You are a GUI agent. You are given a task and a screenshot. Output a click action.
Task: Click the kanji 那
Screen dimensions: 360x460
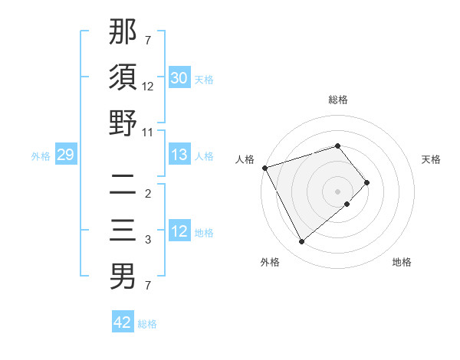pyautogui.click(x=123, y=32)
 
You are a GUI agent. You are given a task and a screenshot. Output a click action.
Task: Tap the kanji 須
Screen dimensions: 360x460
pyautogui.click(x=123, y=77)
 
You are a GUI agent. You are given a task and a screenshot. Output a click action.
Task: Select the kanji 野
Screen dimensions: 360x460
pyautogui.click(x=123, y=123)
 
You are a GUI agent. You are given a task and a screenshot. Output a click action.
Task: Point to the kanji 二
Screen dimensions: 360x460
pyautogui.click(x=123, y=185)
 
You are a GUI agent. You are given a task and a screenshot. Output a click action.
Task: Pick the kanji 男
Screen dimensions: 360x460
pyautogui.click(x=123, y=276)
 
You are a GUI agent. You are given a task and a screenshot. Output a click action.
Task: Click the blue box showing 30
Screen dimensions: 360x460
pyautogui.click(x=179, y=77)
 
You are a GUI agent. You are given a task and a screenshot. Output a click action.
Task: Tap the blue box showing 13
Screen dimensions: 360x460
pyautogui.click(x=179, y=154)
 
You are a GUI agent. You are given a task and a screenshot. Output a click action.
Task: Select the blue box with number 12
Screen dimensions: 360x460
pyautogui.click(x=179, y=231)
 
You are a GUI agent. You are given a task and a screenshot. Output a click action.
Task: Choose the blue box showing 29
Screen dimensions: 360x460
pyautogui.click(x=65, y=155)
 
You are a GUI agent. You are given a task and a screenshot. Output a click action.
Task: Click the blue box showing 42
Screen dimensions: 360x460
pyautogui.click(x=123, y=322)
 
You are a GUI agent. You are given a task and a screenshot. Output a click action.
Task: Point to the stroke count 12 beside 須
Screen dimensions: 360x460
pyautogui.click(x=148, y=87)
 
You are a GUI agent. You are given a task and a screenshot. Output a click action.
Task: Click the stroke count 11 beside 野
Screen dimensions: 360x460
pyautogui.click(x=148, y=132)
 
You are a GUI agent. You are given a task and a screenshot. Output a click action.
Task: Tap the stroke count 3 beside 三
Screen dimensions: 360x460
pyautogui.click(x=148, y=240)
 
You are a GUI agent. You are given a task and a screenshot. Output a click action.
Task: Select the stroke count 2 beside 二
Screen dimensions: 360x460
pyautogui.click(x=148, y=194)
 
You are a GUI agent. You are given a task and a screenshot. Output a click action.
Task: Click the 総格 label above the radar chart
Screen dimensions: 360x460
pyautogui.click(x=338, y=100)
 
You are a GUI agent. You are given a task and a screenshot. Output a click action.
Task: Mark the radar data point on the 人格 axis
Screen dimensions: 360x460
pyautogui.click(x=264, y=168)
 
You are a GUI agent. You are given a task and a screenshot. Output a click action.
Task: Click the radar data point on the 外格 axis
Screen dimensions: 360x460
pyautogui.click(x=301, y=241)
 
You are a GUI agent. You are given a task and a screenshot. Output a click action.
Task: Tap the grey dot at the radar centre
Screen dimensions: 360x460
pyautogui.click(x=338, y=191)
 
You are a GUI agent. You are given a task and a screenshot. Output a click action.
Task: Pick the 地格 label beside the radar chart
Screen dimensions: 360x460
pyautogui.click(x=402, y=262)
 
